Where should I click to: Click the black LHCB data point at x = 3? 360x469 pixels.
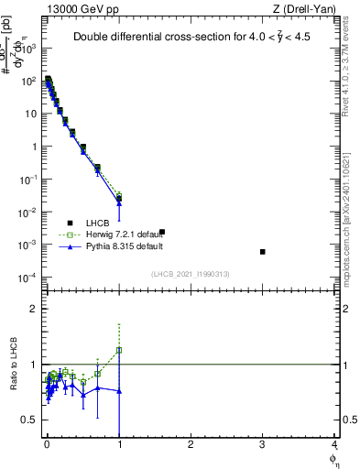[263, 252]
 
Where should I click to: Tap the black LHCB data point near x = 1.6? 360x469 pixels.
[162, 232]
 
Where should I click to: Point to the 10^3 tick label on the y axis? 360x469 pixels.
[27, 49]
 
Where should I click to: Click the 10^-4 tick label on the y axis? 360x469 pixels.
[27, 278]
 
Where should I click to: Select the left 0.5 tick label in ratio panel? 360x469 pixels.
[30, 420]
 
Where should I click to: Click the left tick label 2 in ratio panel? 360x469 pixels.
[35, 309]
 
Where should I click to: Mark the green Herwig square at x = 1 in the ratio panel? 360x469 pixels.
[119, 350]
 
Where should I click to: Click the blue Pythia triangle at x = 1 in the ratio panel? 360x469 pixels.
[119, 391]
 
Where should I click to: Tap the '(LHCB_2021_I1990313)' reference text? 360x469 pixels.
[191, 274]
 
